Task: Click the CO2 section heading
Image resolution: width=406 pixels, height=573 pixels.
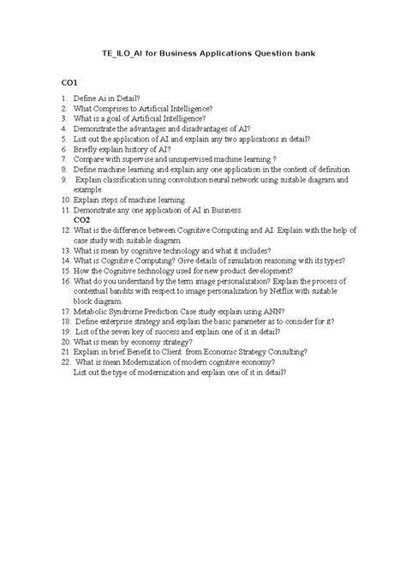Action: point(84,219)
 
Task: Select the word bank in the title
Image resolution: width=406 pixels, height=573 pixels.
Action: point(304,53)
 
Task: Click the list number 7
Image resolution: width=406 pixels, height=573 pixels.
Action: point(63,158)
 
